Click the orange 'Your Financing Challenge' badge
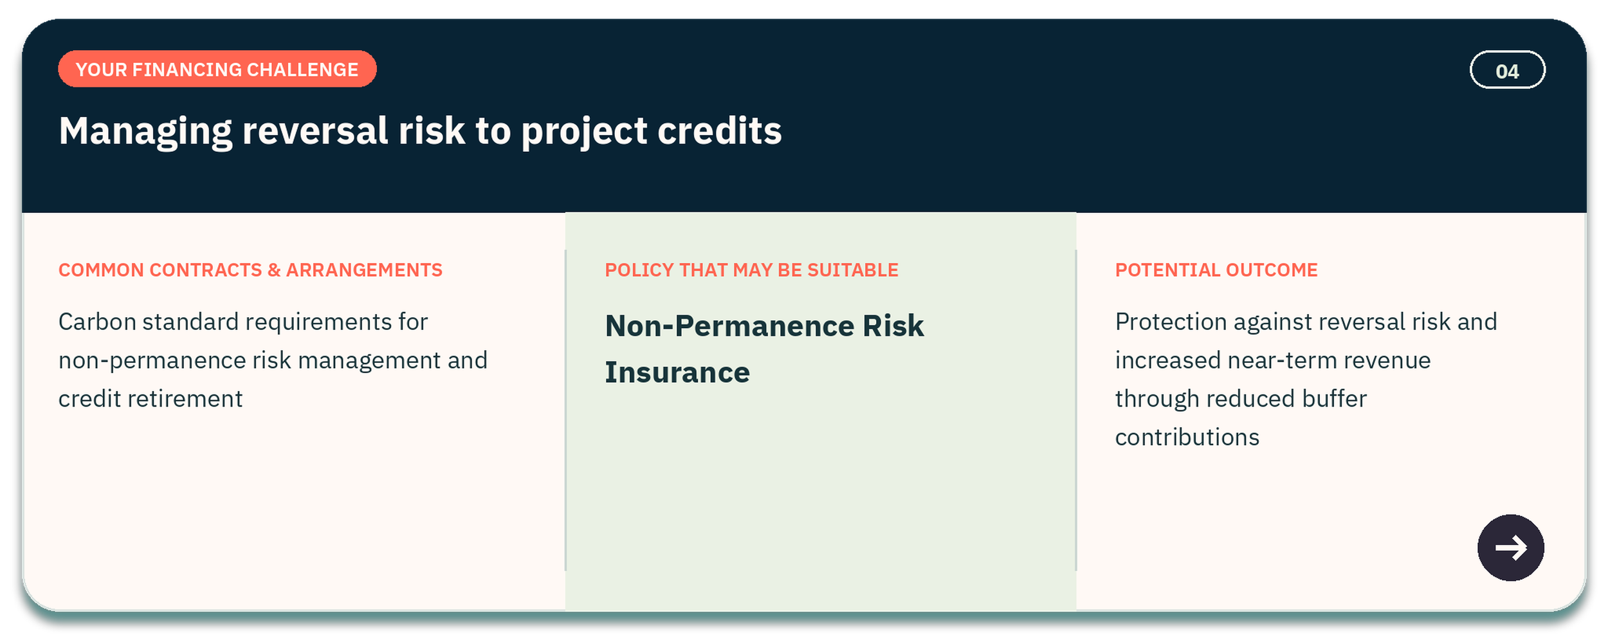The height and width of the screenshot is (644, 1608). point(217,69)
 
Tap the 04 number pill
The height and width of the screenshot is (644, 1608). point(1507,70)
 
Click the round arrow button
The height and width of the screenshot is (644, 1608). point(1510,547)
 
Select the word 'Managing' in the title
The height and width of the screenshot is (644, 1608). point(145,132)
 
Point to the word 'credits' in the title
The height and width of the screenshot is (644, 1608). point(719,131)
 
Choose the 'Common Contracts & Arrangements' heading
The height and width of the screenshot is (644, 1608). point(250,270)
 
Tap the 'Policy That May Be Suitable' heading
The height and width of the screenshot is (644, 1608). point(751,270)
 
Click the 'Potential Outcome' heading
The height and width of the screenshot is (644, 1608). point(1216,270)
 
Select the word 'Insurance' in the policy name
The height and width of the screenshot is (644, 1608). point(677,373)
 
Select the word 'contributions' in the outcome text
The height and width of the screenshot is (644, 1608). point(1187,437)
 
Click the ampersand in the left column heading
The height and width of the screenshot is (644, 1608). point(274,270)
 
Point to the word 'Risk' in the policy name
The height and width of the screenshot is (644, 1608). point(893,326)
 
